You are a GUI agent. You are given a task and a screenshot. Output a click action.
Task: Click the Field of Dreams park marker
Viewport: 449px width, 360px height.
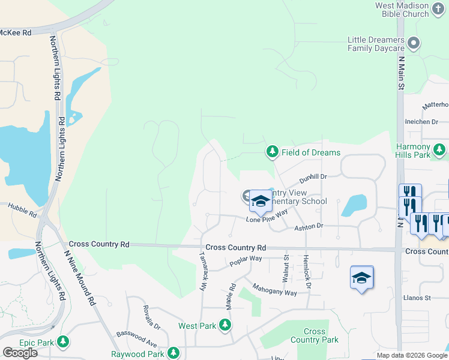(273, 152)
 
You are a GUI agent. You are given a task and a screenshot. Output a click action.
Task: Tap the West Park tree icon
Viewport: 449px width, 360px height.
(225, 325)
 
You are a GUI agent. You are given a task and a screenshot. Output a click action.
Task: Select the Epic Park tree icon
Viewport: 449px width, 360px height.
(63, 342)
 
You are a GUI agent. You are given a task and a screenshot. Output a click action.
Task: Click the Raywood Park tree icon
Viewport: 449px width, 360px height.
(174, 353)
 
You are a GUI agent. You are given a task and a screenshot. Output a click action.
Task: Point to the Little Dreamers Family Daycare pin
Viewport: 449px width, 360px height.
(413, 43)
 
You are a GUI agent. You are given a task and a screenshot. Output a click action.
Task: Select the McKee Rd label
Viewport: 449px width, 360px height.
(16, 33)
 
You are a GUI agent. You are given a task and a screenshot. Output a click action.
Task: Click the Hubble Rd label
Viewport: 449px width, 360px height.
(22, 210)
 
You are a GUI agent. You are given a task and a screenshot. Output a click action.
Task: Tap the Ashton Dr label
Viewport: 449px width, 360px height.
(309, 226)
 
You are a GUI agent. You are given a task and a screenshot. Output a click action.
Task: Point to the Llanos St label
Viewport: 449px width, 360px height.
(420, 298)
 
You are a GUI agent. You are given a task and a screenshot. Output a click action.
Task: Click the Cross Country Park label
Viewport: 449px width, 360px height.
(315, 335)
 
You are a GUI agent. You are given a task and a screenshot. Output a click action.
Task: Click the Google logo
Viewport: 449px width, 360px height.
(20, 352)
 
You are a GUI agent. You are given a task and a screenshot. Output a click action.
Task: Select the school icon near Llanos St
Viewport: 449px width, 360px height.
(362, 278)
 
